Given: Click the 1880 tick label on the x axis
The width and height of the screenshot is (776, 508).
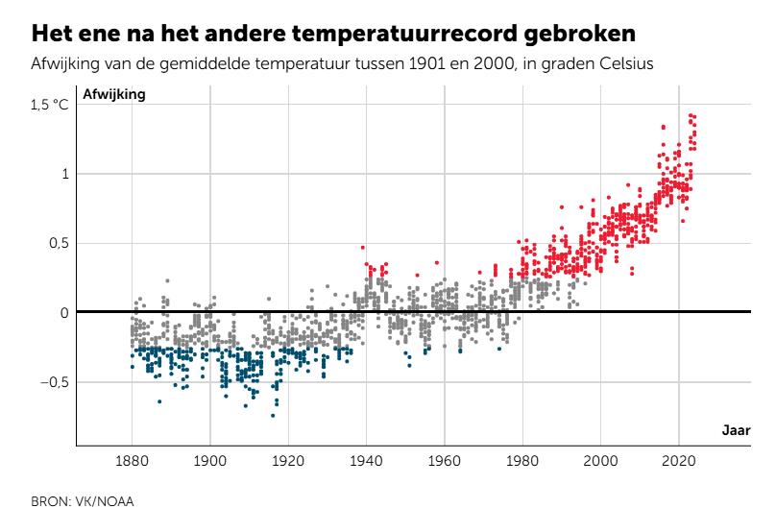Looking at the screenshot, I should point(132,461).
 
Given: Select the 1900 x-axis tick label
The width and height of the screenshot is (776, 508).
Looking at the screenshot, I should point(210,461).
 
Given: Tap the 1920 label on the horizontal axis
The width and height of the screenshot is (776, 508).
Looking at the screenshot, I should point(288,461).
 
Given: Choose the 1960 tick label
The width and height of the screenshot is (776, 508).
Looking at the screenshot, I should point(445,461).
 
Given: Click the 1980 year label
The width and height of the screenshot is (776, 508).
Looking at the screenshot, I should point(522,461).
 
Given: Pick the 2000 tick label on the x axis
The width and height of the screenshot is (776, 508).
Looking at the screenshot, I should point(601,461).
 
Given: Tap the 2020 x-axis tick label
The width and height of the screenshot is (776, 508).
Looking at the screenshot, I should point(679,461).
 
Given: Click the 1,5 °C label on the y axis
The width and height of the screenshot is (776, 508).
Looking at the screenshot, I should point(50,105).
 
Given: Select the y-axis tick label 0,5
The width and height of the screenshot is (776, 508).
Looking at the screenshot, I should point(56,243).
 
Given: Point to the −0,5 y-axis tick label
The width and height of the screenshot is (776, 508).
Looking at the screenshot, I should point(52,381).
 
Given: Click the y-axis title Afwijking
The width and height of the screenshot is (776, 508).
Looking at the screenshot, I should point(115,95).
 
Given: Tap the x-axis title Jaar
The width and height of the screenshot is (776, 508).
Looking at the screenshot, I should point(737,430).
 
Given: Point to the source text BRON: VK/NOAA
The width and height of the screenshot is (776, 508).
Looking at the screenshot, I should point(69,499).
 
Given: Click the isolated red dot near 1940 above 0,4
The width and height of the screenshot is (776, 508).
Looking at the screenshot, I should point(363,248).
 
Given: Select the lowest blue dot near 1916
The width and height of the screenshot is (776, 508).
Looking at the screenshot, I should point(273,416).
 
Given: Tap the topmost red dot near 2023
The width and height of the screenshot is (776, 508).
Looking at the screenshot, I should point(691,115).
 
